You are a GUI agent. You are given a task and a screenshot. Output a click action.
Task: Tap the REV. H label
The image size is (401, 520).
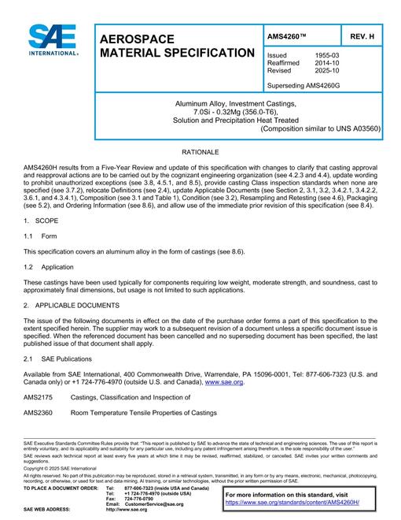point(361,35)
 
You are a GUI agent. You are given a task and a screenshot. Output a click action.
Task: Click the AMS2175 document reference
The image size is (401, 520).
point(38,399)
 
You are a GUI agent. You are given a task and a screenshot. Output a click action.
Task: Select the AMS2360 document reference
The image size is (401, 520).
point(38,412)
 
